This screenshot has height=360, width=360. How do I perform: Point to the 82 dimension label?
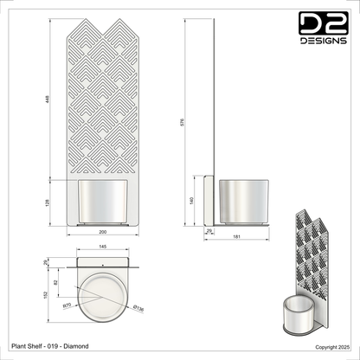point(60,283)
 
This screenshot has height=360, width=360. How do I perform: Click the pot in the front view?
point(106,201)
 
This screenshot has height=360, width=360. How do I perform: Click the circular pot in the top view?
point(102,297)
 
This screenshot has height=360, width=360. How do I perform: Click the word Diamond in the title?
point(76,346)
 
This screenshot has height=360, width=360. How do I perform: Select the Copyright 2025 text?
point(331,346)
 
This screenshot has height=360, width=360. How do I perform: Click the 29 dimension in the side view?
point(209,230)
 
